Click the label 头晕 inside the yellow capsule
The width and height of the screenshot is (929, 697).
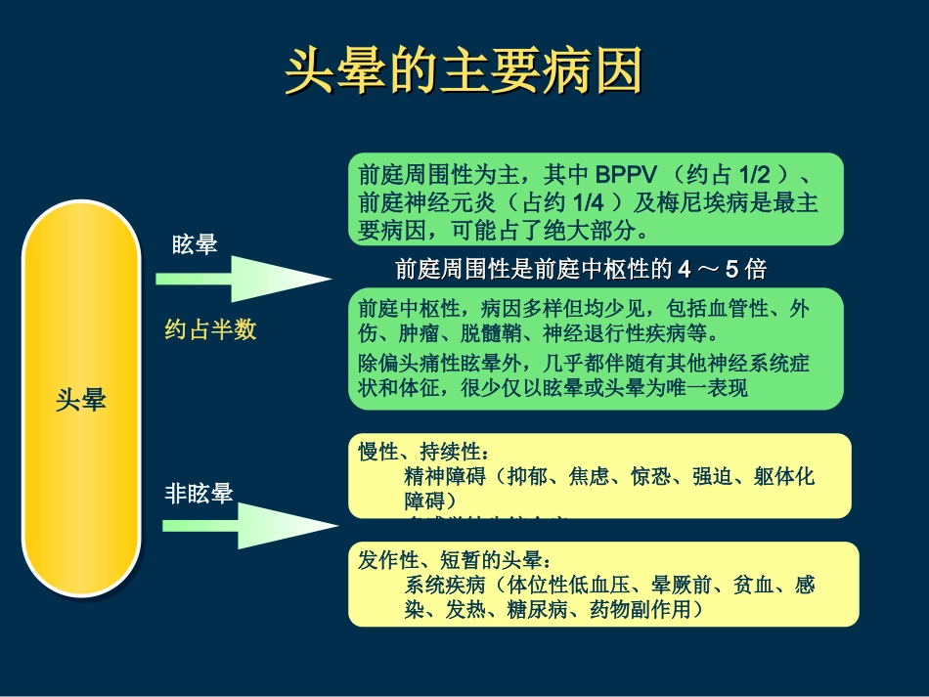click(80, 400)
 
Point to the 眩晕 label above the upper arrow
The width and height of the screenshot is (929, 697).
click(195, 245)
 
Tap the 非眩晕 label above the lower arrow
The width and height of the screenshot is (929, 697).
click(199, 494)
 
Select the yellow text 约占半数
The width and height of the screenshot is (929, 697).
click(210, 329)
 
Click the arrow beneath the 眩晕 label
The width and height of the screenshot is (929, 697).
click(243, 279)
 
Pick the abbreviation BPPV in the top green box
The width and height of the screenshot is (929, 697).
click(629, 175)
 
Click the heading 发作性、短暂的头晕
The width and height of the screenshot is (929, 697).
click(455, 562)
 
